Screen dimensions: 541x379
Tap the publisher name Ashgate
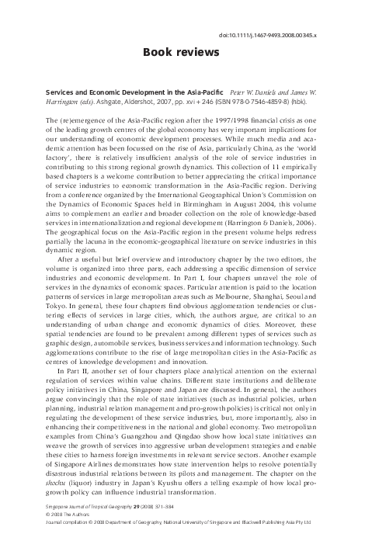pos(140,101)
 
